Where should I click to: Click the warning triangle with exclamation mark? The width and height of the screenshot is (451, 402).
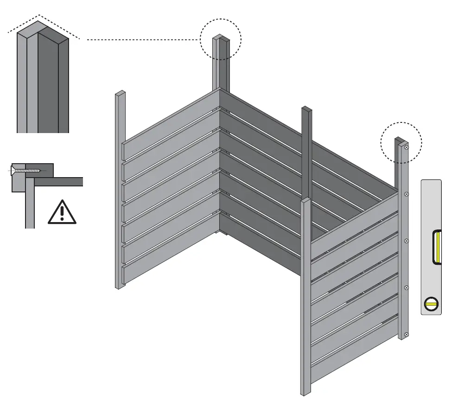pos(62,212)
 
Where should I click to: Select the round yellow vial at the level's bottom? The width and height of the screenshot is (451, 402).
pos(431,304)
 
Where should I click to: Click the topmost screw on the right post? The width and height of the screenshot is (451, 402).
pos(406,147)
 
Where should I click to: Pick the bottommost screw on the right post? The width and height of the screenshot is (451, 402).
pos(407,334)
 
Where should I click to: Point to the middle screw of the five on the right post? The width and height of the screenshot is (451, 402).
pos(407,241)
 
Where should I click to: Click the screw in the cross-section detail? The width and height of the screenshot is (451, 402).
pos(28,171)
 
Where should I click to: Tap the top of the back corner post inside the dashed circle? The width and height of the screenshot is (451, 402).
pos(221,38)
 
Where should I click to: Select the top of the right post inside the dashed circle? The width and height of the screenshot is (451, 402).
pos(400,140)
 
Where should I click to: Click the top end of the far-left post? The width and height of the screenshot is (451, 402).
pos(120,93)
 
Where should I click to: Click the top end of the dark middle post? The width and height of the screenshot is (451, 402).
pos(306,109)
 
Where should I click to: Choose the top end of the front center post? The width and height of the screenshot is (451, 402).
pos(306,201)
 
